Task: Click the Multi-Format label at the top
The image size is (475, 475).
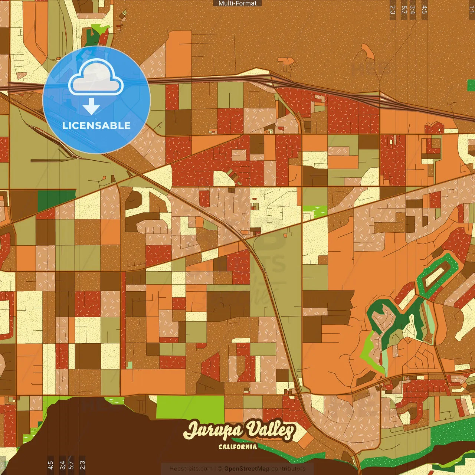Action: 237,3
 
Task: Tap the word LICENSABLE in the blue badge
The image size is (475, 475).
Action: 96,125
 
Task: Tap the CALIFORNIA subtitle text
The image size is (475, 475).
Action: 237,446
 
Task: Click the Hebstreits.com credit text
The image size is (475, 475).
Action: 191,469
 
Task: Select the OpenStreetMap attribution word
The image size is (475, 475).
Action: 247,469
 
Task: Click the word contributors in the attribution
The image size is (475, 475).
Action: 288,469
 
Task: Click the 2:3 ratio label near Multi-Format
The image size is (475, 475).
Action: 393,10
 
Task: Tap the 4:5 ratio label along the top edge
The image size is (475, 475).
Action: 425,10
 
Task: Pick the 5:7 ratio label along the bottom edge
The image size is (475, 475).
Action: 71,465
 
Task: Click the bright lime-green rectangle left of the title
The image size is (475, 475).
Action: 190,407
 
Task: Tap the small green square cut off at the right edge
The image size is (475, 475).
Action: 471,85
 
